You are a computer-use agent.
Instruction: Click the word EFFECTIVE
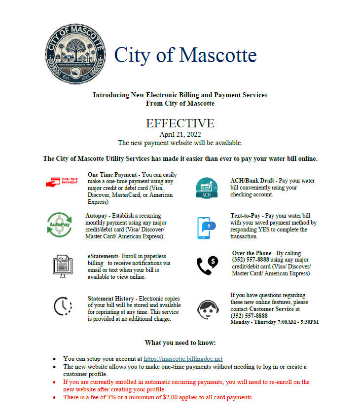click(180, 123)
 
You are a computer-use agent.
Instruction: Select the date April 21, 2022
click(180, 134)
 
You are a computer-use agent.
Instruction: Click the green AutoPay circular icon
click(59, 225)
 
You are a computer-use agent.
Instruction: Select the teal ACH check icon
click(206, 188)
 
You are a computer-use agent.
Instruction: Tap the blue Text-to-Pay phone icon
click(206, 228)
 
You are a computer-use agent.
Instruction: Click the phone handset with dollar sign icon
click(207, 265)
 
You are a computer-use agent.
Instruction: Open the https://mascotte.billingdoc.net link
click(183, 359)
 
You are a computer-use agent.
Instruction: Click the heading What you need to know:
click(180, 343)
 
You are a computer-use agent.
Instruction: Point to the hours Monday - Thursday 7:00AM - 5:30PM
click(275, 322)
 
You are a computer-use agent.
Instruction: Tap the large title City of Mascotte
click(185, 55)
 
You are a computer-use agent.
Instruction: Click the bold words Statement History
click(110, 299)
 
